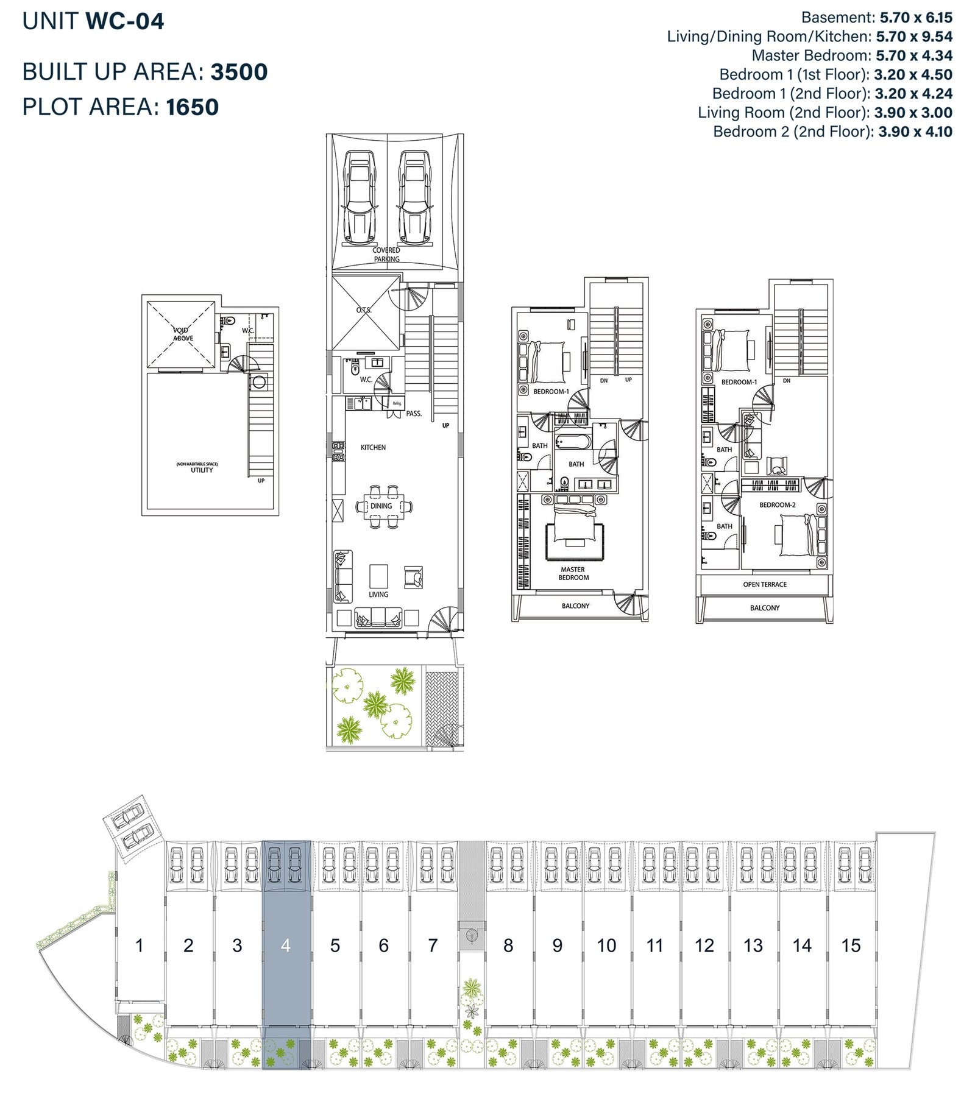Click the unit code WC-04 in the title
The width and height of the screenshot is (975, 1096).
[125, 22]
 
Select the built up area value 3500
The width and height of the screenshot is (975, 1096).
[239, 72]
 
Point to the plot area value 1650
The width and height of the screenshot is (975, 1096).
[192, 107]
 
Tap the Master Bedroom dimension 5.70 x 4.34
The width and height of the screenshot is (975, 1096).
[914, 55]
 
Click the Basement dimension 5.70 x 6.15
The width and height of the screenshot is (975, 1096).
[916, 18]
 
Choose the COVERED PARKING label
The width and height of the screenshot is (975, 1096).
[386, 255]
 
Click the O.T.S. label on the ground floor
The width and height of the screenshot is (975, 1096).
[364, 310]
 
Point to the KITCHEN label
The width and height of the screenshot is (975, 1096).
[373, 447]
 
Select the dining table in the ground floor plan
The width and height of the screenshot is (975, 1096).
[382, 506]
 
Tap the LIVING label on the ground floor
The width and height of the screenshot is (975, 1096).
[378, 595]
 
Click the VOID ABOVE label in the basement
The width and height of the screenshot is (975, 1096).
[182, 334]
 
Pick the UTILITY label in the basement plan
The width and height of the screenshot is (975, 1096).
[202, 470]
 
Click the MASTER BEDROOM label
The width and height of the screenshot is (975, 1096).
[573, 573]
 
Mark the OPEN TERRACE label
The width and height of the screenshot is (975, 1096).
[765, 584]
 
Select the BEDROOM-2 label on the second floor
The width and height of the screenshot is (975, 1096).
[777, 504]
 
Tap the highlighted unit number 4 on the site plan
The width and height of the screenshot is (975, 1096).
[286, 946]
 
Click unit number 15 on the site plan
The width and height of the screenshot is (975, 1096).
[851, 946]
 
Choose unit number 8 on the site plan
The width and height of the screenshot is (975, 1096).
[508, 946]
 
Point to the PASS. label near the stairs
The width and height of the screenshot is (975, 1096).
[414, 414]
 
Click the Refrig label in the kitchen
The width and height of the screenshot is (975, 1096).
[397, 403]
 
